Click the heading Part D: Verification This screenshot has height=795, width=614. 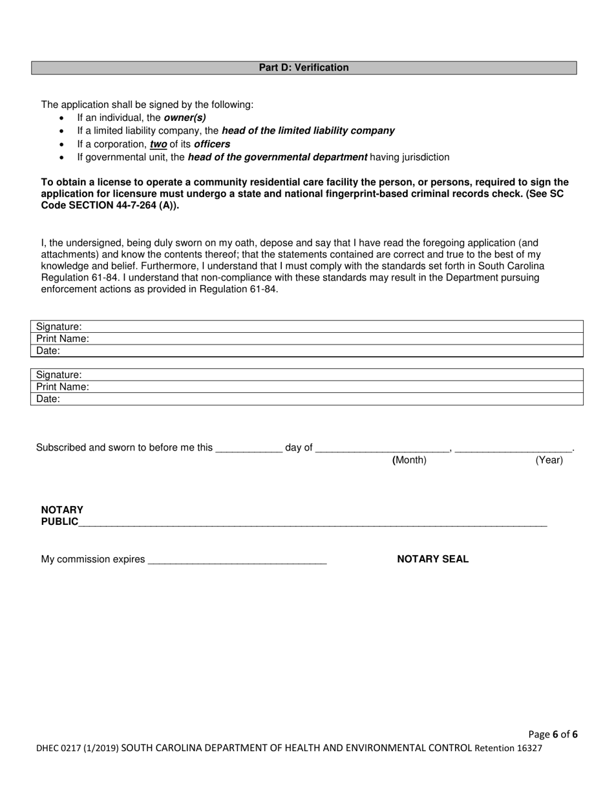click(304, 68)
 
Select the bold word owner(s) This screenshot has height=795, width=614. click(185, 118)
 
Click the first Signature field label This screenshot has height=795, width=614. click(59, 327)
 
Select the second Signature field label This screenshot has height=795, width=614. click(59, 375)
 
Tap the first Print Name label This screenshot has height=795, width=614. click(63, 339)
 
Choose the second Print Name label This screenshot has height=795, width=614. click(63, 387)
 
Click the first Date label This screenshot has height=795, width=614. click(48, 351)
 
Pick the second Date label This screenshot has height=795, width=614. click(48, 399)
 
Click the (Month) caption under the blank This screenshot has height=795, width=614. click(410, 460)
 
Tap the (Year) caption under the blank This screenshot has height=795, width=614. click(549, 460)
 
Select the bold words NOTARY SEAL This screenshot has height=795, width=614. click(432, 560)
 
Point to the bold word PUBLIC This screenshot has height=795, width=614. click(59, 522)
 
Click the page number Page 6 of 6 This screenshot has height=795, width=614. click(553, 734)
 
